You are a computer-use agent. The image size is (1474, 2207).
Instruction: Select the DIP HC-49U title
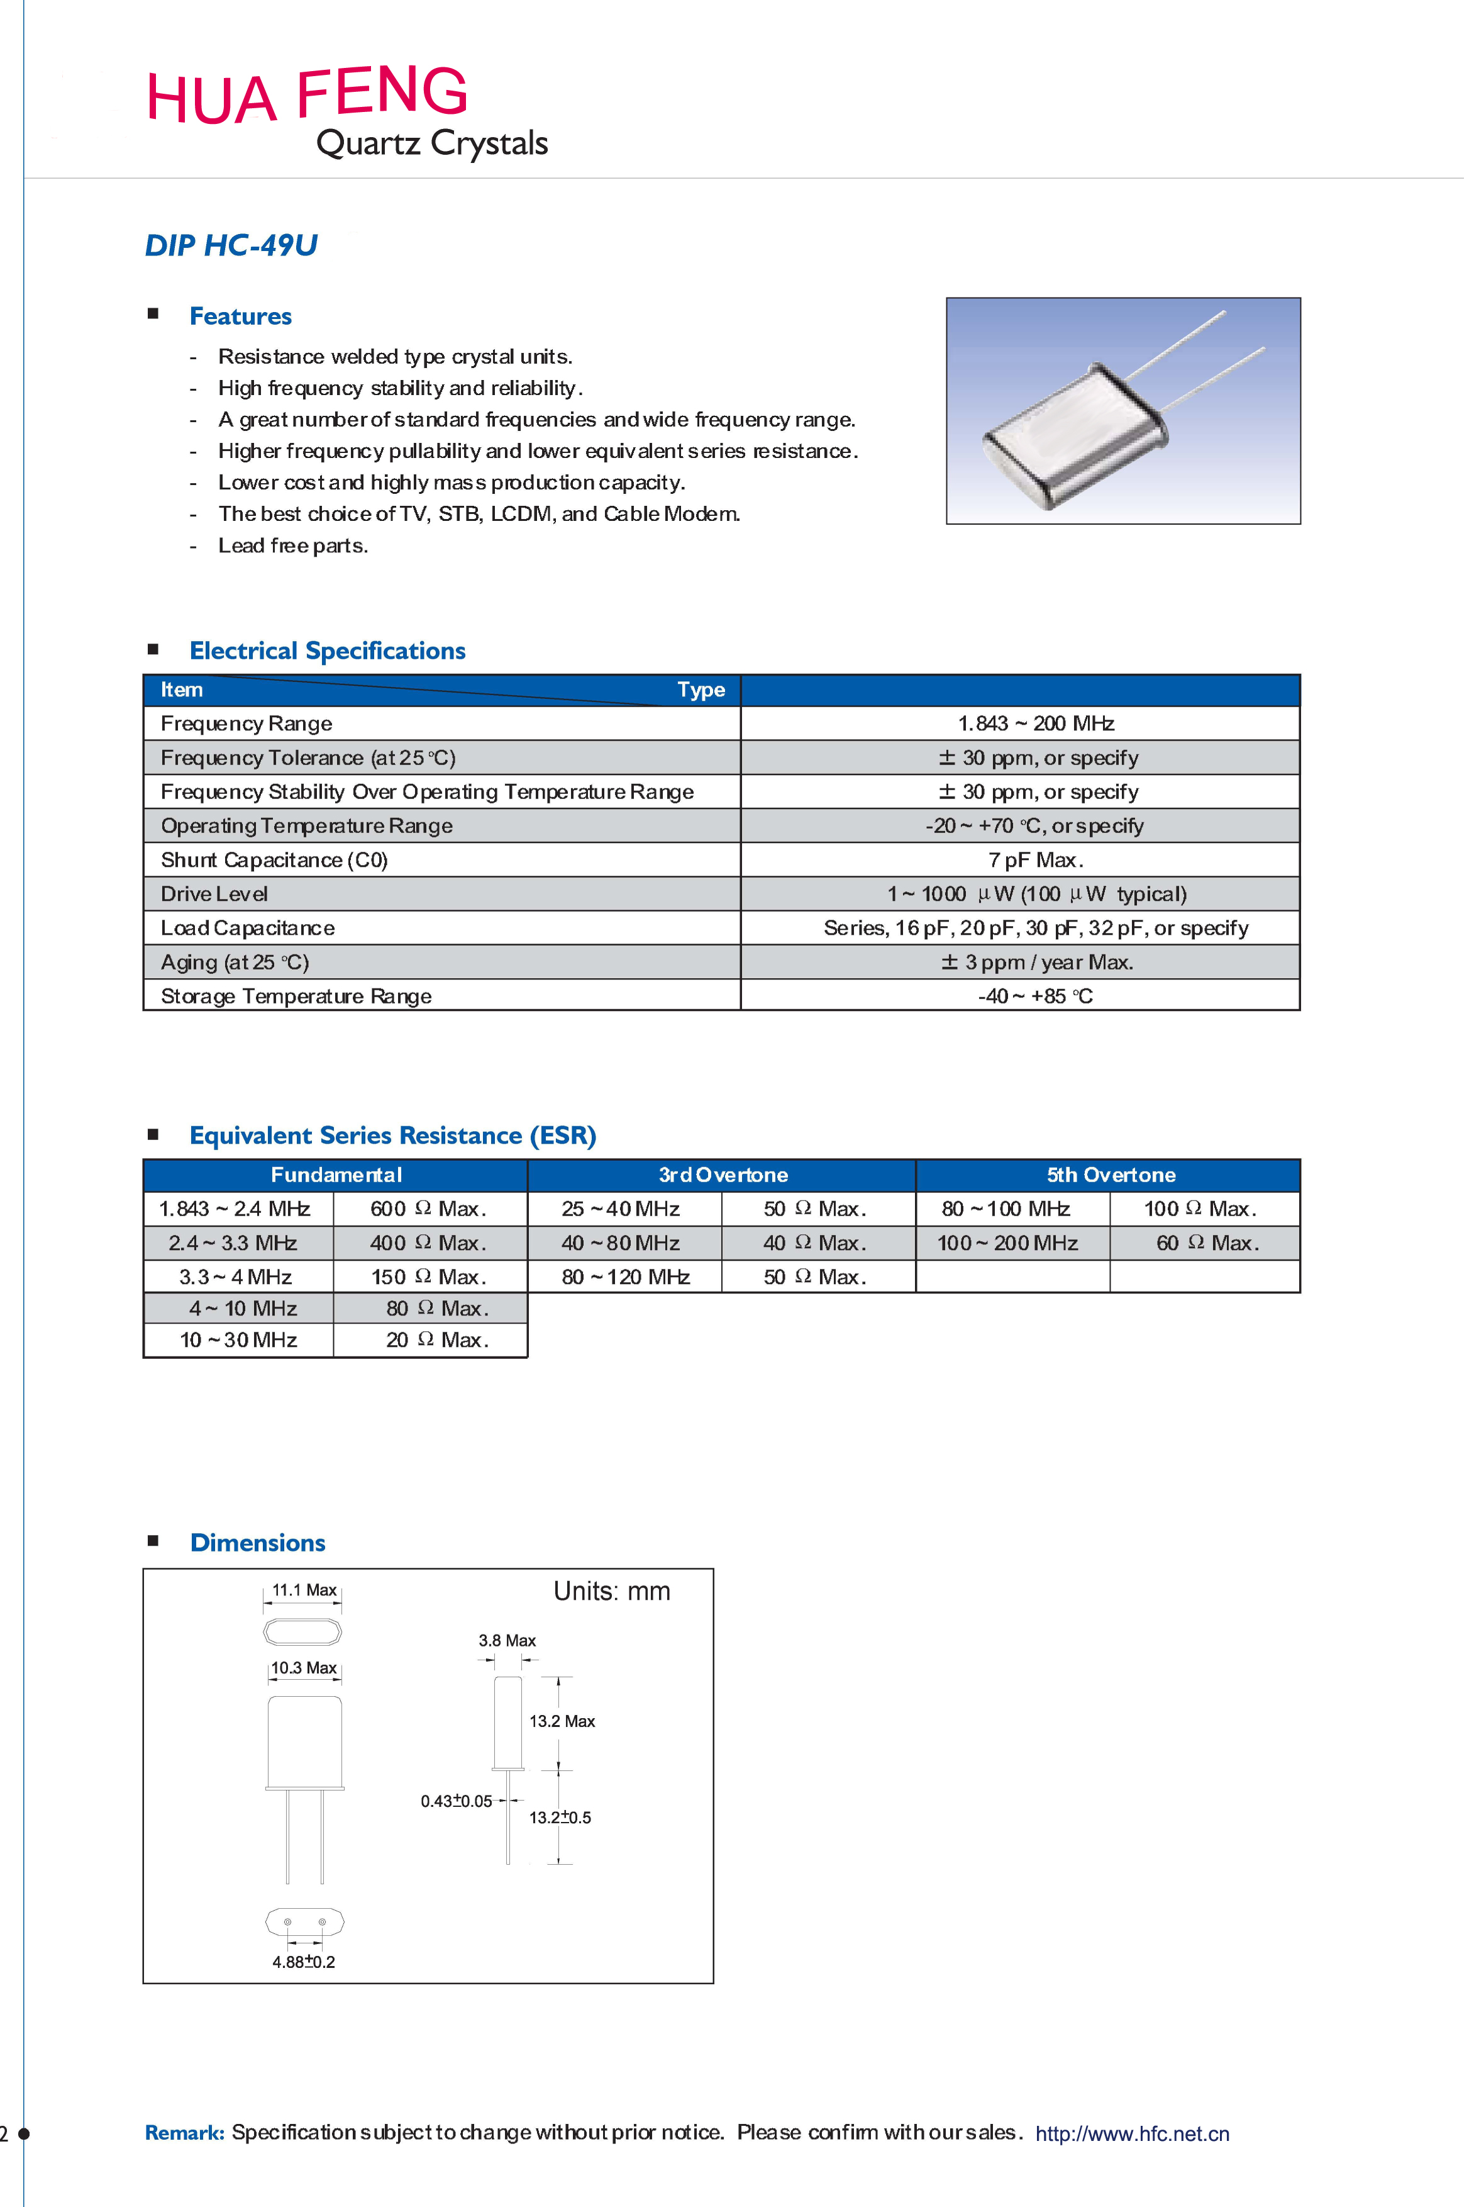231,245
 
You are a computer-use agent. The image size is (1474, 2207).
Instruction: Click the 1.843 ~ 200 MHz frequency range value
1035,723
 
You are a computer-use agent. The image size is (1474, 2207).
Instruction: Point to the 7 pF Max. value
1035,859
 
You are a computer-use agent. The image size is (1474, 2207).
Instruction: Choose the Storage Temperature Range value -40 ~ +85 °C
1035,996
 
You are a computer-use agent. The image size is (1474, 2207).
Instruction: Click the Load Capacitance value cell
1035,928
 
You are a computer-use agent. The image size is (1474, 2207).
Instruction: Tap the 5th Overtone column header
1110,1175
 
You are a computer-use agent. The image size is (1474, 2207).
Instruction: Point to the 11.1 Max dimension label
304,1590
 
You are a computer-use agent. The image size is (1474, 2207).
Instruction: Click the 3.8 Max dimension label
507,1640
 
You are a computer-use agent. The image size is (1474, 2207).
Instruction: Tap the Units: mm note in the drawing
611,1591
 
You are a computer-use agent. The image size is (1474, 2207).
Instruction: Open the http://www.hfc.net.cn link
1132,2133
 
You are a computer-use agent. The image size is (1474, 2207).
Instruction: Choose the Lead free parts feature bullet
292,545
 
